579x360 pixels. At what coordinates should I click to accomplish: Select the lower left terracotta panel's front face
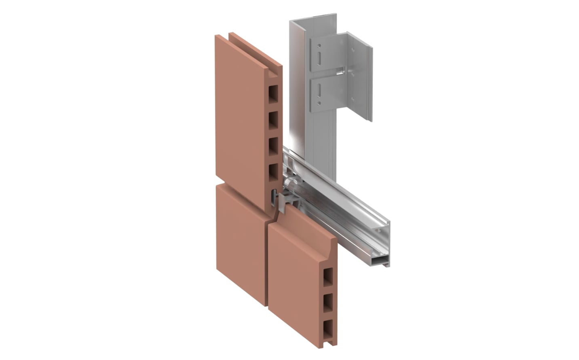(241, 243)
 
